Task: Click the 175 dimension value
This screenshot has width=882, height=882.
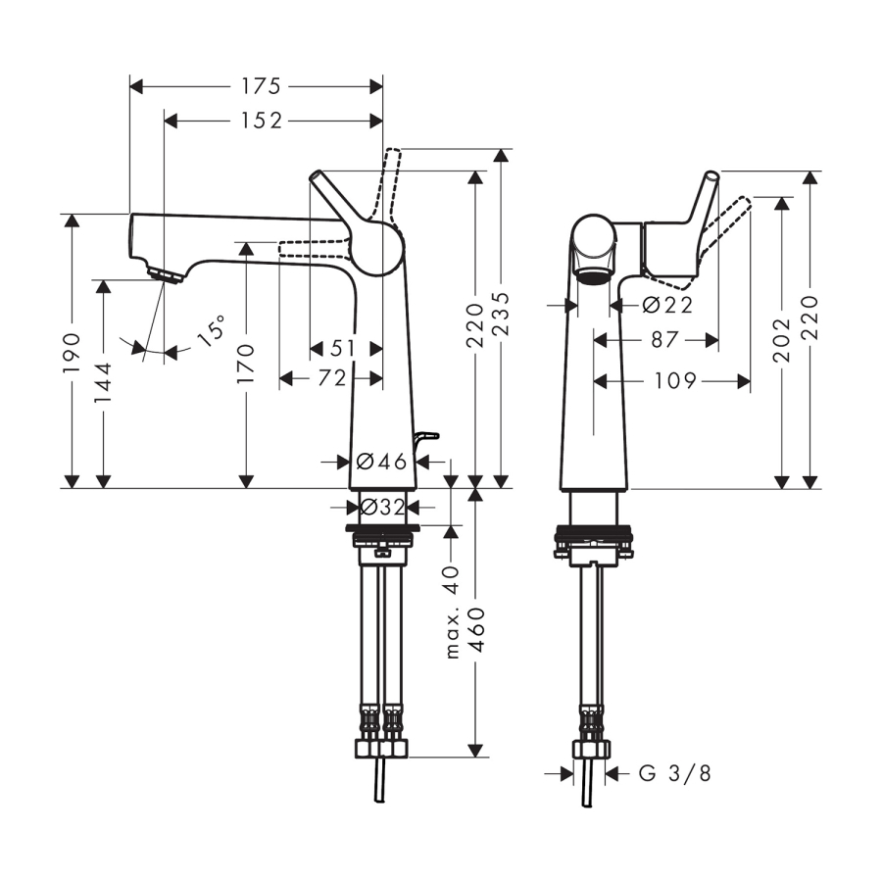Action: [x=261, y=86]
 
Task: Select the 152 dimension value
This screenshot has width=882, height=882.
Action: [x=261, y=121]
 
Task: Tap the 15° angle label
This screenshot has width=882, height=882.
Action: [x=212, y=331]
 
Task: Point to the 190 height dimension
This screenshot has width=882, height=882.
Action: [x=72, y=353]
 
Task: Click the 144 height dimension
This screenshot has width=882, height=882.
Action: [x=103, y=383]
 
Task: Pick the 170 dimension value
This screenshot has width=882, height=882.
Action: [x=246, y=364]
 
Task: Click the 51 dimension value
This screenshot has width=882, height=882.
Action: [x=342, y=348]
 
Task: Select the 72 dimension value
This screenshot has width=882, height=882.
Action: [x=332, y=378]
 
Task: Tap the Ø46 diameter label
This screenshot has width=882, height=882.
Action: [x=381, y=462]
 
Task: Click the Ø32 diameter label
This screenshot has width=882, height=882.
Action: [x=382, y=508]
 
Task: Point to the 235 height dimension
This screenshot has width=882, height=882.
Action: [x=501, y=314]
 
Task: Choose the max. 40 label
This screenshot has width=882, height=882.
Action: [x=452, y=612]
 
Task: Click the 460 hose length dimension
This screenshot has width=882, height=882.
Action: [x=477, y=630]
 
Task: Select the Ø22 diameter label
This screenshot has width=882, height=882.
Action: [x=667, y=306]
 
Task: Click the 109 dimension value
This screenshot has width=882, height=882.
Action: [x=675, y=381]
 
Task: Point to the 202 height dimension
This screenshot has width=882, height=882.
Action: [x=782, y=340]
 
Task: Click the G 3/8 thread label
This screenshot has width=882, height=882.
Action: [x=675, y=773]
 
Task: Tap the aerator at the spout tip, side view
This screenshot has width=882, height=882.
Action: [x=166, y=275]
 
